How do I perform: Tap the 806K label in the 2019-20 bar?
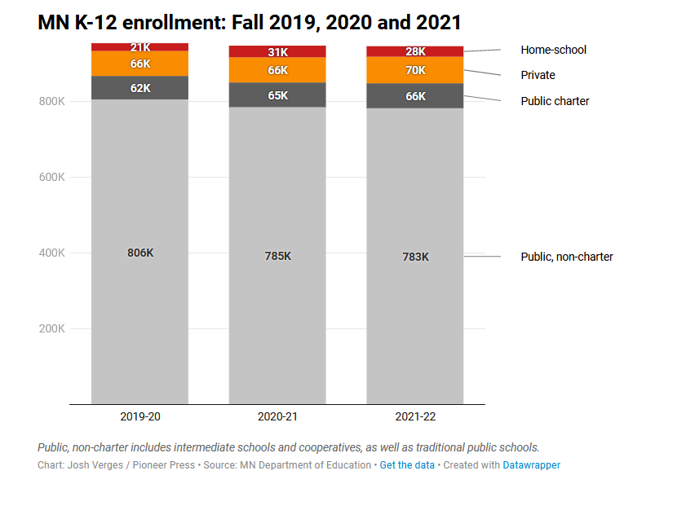click(x=140, y=253)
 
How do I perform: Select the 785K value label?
click(x=277, y=256)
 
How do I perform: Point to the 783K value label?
click(x=415, y=257)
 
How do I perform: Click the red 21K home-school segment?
click(x=140, y=47)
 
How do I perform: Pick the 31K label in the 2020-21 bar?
click(x=277, y=52)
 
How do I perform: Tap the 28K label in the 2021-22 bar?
click(x=415, y=52)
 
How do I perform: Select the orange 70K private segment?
click(x=415, y=70)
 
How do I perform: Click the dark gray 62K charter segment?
click(x=140, y=88)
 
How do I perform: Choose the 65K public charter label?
click(x=277, y=95)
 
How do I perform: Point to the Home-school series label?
click(x=553, y=50)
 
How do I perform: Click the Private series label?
click(x=538, y=75)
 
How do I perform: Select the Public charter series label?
click(x=555, y=101)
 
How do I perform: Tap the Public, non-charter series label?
click(x=567, y=257)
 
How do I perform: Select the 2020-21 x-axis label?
click(x=277, y=416)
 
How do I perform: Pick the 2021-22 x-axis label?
click(x=415, y=416)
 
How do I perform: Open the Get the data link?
click(x=406, y=465)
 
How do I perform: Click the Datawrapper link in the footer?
click(x=531, y=465)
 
